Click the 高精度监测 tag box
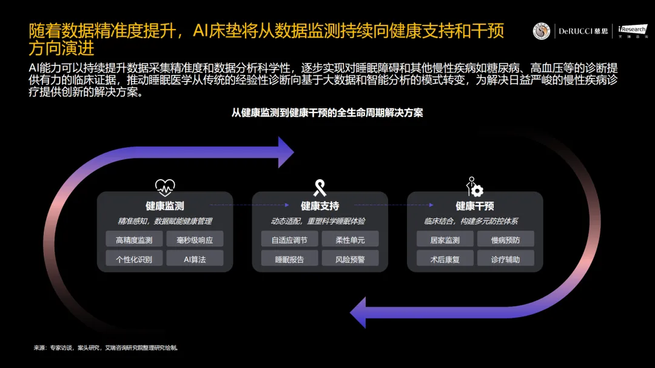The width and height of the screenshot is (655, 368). point(134,240)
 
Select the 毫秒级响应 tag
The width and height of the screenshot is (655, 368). point(195,240)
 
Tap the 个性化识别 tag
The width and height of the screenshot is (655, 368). point(134,259)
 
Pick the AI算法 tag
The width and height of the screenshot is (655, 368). point(195,259)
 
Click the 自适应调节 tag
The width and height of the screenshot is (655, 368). point(289,240)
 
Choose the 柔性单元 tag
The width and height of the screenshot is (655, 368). point(350,240)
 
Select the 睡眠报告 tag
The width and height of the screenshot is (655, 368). point(289,259)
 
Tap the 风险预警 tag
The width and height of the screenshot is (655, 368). point(350,259)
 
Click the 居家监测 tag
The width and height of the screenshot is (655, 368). point(445,240)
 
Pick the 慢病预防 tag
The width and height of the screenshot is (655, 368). point(505,240)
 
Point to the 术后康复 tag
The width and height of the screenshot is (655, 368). point(445,259)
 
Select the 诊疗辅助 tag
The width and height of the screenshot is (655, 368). point(505,259)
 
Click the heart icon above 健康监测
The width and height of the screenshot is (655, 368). point(165,186)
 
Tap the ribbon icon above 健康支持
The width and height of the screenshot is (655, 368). point(320,186)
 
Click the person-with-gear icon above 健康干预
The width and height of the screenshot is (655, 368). point(474,186)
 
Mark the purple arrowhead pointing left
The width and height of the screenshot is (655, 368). point(360,313)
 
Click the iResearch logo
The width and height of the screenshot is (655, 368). point(633,31)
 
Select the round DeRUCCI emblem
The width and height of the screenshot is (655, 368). point(542,31)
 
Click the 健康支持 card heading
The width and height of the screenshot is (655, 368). point(320,206)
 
